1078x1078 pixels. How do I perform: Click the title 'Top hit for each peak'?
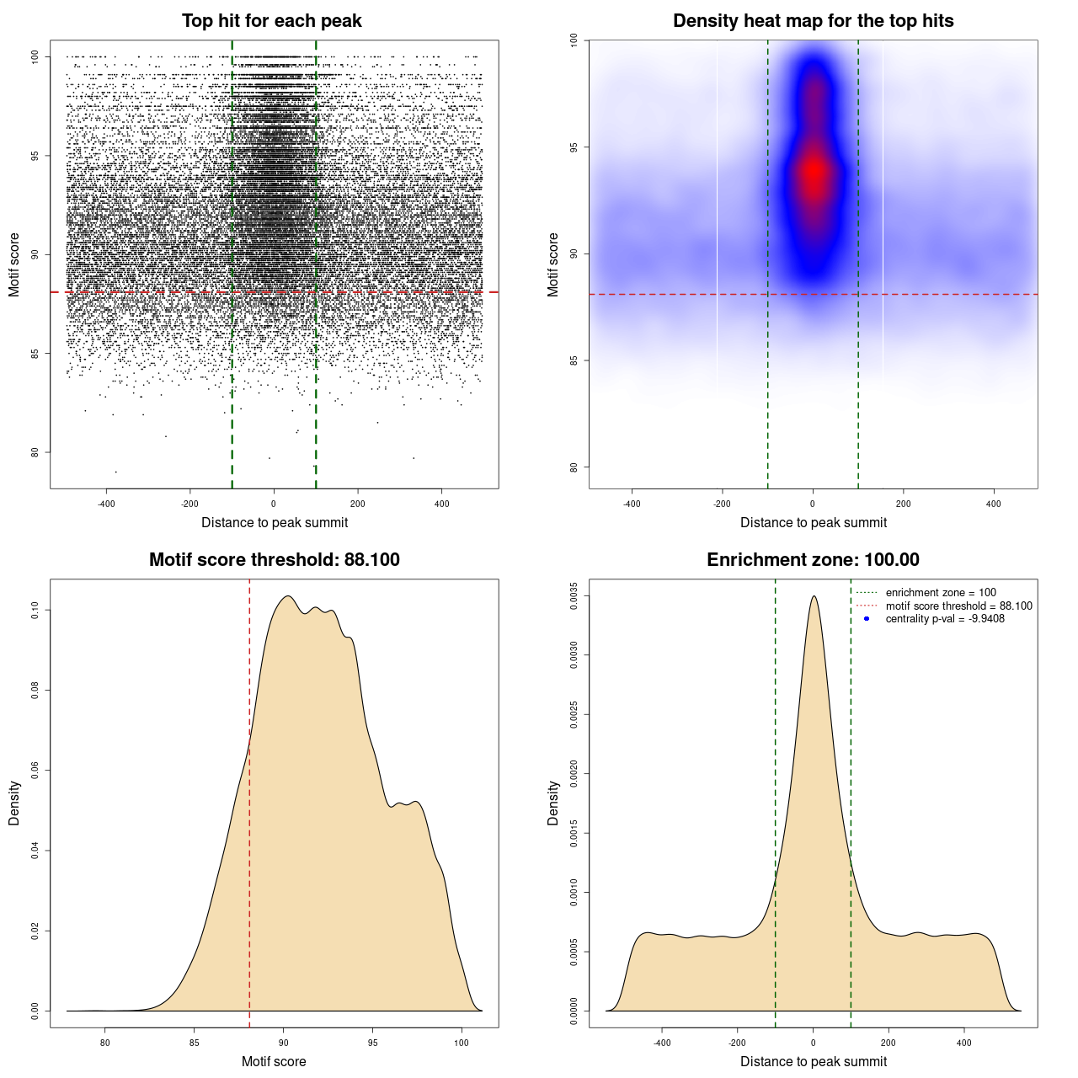tap(271, 21)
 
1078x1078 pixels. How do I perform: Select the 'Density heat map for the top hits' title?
tap(813, 21)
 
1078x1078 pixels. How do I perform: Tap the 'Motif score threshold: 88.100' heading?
tap(274, 560)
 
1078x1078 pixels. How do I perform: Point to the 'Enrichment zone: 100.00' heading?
tap(813, 560)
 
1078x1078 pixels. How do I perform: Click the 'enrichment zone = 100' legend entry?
tap(941, 593)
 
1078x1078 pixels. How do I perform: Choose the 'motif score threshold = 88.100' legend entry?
tap(958, 606)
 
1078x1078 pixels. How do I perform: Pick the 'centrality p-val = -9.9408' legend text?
tap(945, 619)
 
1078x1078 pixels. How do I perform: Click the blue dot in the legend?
tap(867, 619)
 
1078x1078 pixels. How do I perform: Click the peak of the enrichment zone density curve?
tap(814, 596)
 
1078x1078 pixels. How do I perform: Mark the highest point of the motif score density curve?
tap(288, 596)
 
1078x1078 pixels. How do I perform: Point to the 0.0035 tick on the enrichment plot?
tap(574, 596)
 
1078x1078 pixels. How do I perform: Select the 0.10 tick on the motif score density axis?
tap(35, 610)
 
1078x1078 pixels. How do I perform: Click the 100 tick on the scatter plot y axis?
tap(35, 56)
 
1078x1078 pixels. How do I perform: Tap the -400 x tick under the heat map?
tap(632, 504)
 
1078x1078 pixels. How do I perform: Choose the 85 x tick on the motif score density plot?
tap(195, 1043)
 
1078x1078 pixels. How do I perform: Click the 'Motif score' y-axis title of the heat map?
tap(553, 264)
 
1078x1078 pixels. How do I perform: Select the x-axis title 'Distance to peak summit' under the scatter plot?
tap(275, 523)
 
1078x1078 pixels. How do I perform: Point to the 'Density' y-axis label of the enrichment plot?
tap(553, 803)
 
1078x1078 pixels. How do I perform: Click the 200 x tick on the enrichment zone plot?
tap(889, 1043)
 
